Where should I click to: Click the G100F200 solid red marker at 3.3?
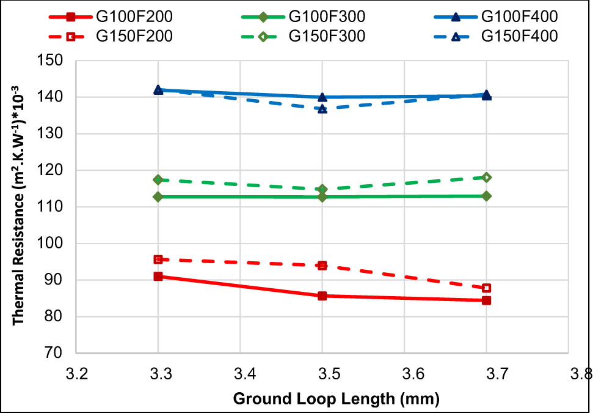[158, 276]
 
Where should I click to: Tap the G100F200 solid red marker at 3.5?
[322, 296]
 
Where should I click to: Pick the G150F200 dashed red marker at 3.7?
[486, 288]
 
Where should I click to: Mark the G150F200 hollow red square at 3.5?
[322, 266]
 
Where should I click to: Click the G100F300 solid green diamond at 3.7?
[486, 196]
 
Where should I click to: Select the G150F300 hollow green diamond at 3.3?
[158, 180]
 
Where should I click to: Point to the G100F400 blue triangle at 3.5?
[322, 97]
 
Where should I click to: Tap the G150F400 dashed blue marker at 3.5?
[322, 108]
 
